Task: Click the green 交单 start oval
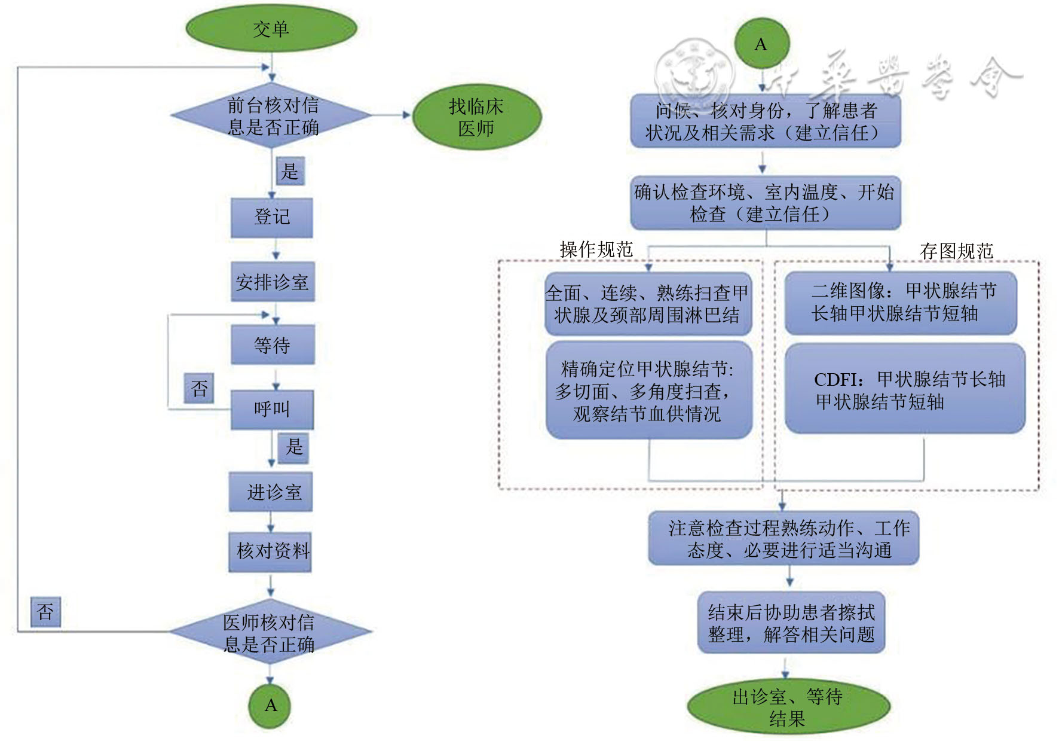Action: click(271, 29)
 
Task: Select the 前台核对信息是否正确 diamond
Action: click(272, 116)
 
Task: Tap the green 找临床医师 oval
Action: click(476, 117)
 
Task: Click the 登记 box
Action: click(272, 218)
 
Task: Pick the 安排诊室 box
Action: click(273, 282)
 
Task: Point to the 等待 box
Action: click(273, 345)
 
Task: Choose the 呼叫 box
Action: click(272, 410)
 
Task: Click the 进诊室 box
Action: click(271, 492)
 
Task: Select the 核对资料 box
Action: click(271, 551)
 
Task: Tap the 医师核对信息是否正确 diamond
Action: click(270, 633)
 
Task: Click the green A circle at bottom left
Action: click(270, 706)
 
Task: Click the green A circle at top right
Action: click(761, 44)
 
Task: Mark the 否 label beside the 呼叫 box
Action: click(199, 389)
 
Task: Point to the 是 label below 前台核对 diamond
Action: click(290, 172)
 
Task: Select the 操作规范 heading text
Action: click(596, 249)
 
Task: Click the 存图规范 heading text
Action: click(956, 251)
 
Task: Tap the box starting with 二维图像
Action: click(901, 303)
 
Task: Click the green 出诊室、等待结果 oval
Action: click(788, 707)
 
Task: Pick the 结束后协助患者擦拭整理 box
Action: click(791, 623)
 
